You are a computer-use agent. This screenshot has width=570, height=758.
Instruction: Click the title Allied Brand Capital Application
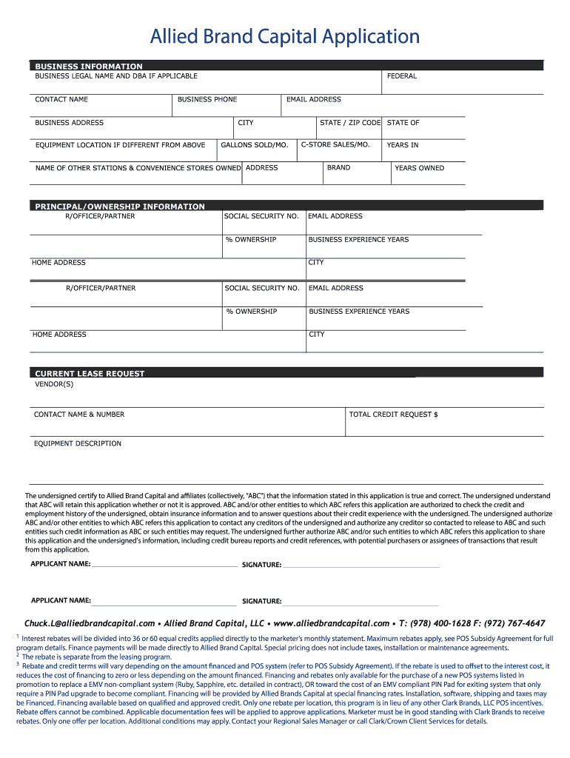285,36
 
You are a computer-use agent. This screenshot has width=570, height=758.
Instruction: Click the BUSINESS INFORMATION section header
89,66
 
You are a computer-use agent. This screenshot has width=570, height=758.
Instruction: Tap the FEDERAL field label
401,76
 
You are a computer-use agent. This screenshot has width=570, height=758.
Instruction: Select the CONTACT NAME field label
61,99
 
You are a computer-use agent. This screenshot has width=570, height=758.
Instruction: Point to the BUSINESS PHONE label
207,99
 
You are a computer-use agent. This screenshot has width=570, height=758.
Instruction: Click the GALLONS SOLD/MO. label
254,145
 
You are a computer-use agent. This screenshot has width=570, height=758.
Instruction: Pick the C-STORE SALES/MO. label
335,144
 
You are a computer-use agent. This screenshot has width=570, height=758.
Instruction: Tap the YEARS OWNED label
419,168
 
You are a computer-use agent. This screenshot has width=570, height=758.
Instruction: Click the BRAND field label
338,167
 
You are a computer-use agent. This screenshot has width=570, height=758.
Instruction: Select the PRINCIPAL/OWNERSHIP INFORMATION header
120,207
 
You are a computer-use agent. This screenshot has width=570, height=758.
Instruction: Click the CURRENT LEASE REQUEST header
90,374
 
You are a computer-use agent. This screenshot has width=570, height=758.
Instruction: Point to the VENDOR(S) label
55,384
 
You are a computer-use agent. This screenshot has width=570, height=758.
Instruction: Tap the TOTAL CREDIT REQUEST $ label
393,415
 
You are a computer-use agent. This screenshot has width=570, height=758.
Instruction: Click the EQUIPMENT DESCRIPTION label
78,443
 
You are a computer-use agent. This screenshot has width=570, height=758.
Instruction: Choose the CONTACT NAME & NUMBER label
79,415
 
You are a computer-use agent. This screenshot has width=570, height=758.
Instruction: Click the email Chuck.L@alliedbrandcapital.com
90,623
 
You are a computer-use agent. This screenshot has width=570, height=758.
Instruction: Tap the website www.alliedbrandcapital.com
331,623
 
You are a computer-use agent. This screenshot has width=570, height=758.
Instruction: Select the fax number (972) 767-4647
512,623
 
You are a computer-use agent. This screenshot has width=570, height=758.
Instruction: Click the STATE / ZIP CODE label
349,123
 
